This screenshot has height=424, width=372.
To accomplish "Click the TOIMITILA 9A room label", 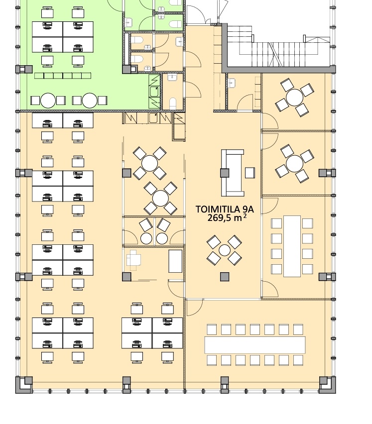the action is point(225,210).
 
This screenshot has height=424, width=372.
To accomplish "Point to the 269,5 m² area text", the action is point(227,217).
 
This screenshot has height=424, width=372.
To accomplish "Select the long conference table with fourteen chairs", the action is point(255,345).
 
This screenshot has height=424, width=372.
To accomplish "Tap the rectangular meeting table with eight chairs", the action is point(292,246).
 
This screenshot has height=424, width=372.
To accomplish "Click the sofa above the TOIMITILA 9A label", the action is point(233,173).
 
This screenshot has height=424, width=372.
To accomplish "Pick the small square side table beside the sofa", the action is point(249,173).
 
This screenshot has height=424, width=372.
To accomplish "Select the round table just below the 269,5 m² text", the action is point(224,250).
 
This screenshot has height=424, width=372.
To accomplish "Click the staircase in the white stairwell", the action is point(279,46).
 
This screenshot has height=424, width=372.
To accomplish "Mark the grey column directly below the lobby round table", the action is point(225,277).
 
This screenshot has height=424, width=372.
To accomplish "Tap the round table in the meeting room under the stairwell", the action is point(294,98).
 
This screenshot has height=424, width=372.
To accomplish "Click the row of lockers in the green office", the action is point(63,76).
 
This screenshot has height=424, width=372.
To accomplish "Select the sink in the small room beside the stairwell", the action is point(232,83).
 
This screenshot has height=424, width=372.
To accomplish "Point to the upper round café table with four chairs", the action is point(149,163).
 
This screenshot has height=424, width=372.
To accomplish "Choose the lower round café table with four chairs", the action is point(160,199).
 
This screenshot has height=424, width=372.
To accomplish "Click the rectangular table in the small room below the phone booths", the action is point(175,261).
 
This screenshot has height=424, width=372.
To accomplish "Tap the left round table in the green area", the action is point(48,101).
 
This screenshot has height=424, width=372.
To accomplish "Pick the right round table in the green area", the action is point(90,101).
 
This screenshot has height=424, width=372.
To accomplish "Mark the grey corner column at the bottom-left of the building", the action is point(24,385).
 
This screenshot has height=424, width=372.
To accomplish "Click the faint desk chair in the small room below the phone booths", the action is point(133,260).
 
